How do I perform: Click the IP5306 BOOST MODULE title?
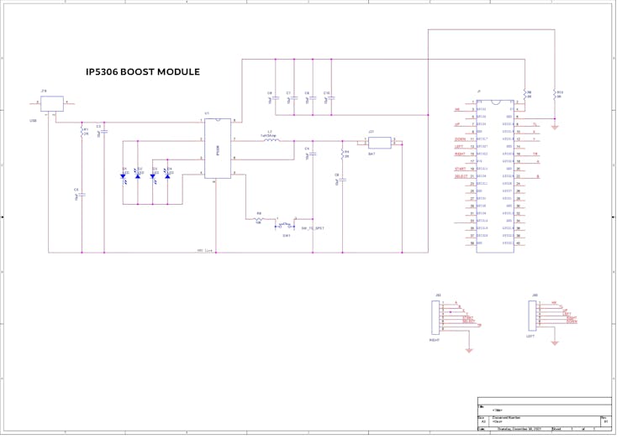[x=143, y=72]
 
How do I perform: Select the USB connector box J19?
[x=52, y=103]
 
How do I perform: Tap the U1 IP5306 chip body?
[x=218, y=149]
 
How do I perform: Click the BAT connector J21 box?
[x=380, y=143]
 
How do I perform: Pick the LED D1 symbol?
[x=124, y=176]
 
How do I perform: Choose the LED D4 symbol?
[x=167, y=176]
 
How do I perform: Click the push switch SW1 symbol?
[x=285, y=225]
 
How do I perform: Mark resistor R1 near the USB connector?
[x=82, y=133]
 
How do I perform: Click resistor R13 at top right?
[x=556, y=95]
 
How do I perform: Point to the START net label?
[x=460, y=169]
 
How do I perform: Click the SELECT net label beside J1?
[x=461, y=176]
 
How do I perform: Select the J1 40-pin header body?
[x=500, y=176]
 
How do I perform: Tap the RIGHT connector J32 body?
[x=439, y=315]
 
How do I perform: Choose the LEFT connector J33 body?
[x=534, y=315]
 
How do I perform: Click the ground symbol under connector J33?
[x=556, y=342]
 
